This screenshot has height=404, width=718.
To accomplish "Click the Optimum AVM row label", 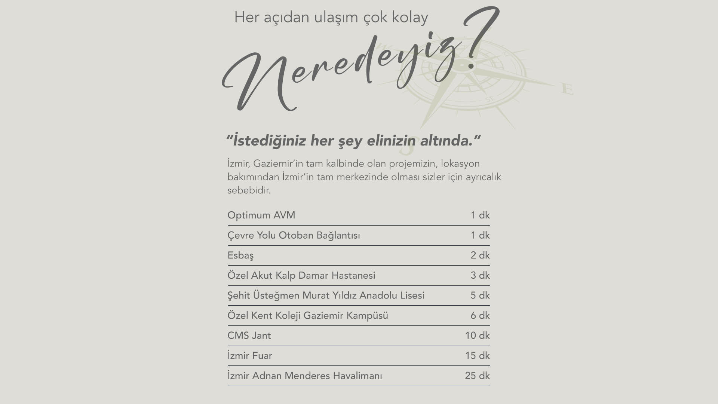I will [261, 215].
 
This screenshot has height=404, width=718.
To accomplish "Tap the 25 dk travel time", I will [477, 376].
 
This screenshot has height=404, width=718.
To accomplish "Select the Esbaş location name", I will [240, 255].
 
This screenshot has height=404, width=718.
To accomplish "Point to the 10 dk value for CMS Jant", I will [477, 336].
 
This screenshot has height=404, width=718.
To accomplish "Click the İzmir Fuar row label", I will [250, 356].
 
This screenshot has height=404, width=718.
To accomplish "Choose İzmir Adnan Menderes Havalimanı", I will [305, 376].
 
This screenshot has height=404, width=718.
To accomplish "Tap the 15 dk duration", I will [477, 356].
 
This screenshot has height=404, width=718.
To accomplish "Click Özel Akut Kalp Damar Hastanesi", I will [301, 276].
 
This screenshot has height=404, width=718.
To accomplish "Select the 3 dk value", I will [480, 276].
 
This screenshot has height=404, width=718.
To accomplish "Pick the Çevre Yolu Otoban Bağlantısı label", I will [294, 236].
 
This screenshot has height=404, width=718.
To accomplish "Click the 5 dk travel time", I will [480, 296].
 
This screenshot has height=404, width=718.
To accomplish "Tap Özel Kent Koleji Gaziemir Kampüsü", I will [308, 316].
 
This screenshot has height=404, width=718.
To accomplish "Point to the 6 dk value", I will [480, 316].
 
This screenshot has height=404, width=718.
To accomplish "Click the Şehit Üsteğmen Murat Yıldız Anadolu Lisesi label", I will [326, 296].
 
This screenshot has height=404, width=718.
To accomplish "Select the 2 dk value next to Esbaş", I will [480, 255].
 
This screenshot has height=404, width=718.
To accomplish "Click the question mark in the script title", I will [481, 37].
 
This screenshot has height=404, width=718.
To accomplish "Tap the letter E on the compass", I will [567, 90].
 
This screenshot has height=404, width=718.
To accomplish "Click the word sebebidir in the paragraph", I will [249, 190].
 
